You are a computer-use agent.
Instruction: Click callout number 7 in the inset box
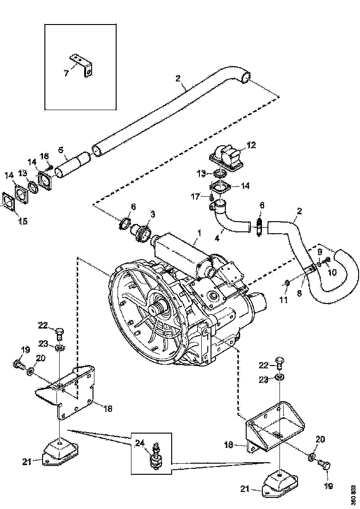click(x=66, y=73)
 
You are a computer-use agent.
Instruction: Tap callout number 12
click(x=251, y=145)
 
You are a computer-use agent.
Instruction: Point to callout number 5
click(x=60, y=150)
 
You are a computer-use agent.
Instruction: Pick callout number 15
click(x=23, y=221)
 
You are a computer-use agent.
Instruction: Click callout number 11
click(x=284, y=300)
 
